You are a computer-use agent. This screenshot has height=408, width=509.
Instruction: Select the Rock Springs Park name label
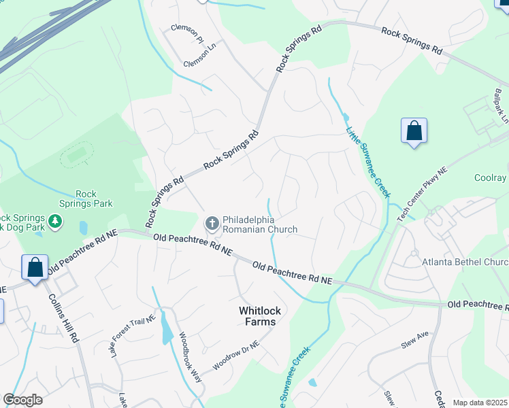tap(94, 198)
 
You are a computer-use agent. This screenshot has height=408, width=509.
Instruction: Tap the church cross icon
tap(212, 222)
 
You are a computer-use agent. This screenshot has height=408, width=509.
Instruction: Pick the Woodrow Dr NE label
tap(235, 355)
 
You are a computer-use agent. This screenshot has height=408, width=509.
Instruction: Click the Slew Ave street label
tap(415, 338)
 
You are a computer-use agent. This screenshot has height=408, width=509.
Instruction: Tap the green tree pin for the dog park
tap(56, 221)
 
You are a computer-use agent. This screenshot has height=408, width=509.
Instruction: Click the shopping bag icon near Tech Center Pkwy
tap(414, 132)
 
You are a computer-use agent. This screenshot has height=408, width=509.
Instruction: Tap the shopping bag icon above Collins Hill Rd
tap(35, 267)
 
